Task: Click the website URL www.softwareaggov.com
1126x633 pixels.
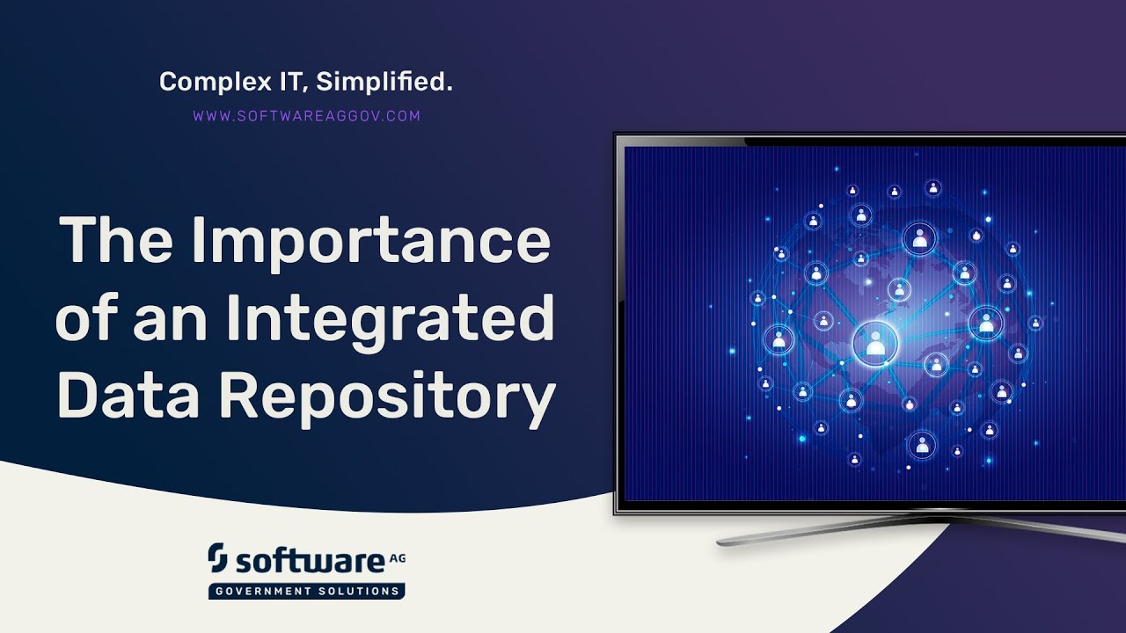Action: (306, 115)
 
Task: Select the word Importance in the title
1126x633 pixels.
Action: (369, 242)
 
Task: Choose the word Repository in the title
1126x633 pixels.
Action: (387, 397)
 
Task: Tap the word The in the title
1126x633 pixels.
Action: (113, 242)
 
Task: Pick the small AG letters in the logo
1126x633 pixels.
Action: (397, 557)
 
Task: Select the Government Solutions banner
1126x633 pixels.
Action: (306, 591)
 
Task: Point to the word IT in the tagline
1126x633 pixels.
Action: (285, 84)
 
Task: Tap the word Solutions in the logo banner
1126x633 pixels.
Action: (360, 591)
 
